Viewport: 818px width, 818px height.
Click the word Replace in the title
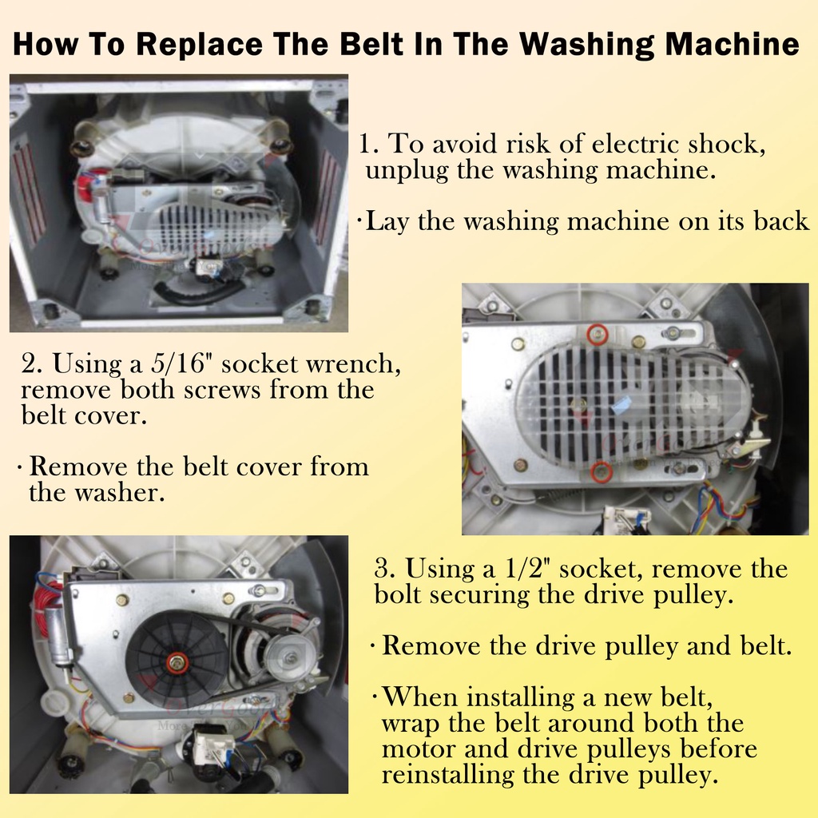point(199,44)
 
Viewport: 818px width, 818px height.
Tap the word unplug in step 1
point(407,171)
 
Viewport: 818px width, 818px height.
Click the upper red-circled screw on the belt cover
point(598,334)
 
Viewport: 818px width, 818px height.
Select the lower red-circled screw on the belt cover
point(602,471)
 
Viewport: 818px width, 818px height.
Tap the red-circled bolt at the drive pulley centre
point(178,662)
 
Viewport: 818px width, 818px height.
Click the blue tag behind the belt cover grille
point(621,403)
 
